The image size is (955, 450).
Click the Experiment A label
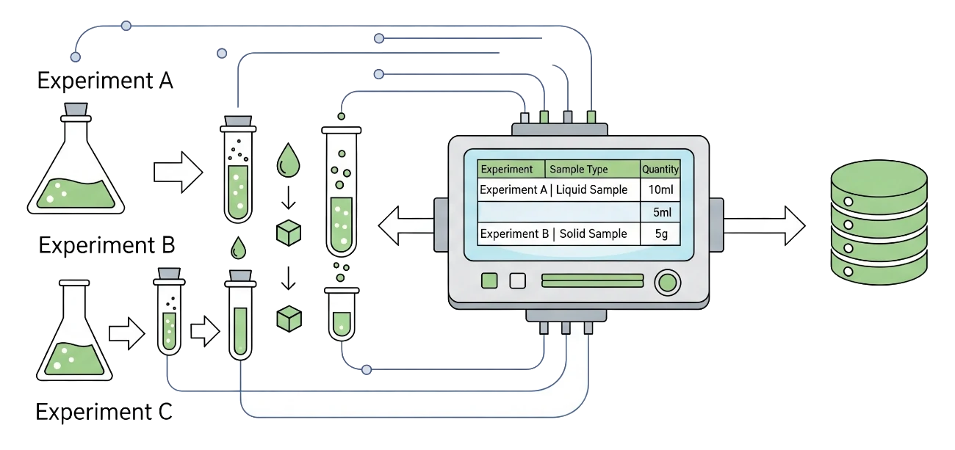click(106, 80)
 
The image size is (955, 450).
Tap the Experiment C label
click(105, 413)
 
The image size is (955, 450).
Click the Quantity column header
click(660, 170)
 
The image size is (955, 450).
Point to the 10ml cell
click(660, 190)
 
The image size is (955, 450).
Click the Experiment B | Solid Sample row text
click(553, 234)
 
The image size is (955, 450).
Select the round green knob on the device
click(666, 282)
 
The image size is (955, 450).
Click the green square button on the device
click(489, 280)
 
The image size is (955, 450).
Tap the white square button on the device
click(518, 280)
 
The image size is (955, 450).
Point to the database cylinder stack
click(876, 222)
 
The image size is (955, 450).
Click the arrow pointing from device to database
click(764, 225)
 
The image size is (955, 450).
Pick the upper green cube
click(289, 233)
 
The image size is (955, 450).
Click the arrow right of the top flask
click(177, 171)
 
